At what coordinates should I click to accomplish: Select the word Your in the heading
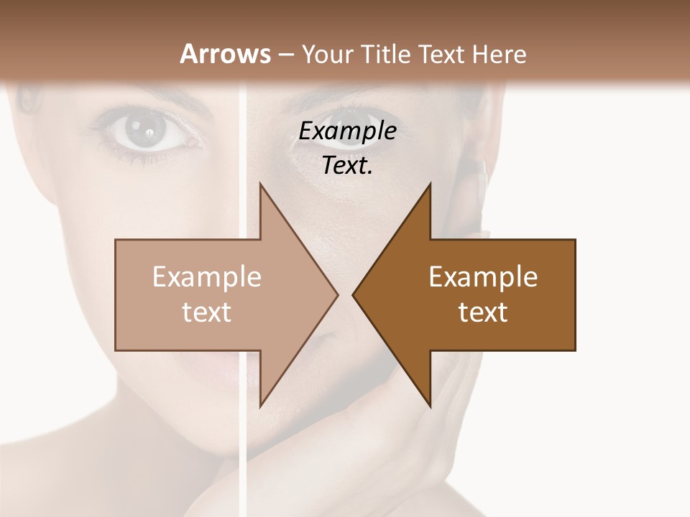coord(327,54)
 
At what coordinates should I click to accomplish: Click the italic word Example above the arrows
coord(347,131)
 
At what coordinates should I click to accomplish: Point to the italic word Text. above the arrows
coord(347,166)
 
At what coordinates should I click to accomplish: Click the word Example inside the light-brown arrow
coord(206,277)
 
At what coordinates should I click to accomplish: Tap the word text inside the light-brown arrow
coord(206,312)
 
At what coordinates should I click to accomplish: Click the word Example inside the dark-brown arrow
coord(483,277)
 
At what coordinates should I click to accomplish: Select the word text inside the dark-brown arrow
coord(483,312)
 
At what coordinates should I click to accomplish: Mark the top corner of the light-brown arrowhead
coord(260,184)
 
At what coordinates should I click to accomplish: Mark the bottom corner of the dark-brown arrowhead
coord(430,406)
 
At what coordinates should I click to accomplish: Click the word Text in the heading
coord(439,54)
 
